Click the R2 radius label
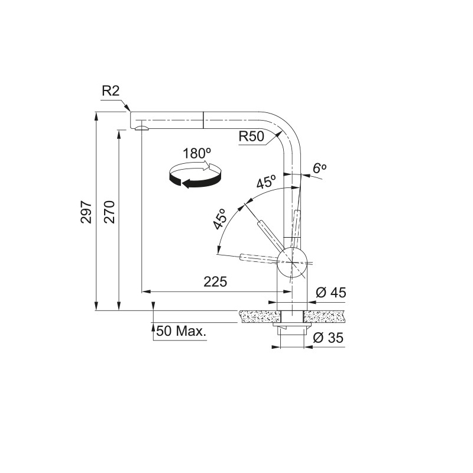(x=111, y=91)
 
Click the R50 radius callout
(x=251, y=137)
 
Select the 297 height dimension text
(x=86, y=212)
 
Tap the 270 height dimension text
(x=109, y=212)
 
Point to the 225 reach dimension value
(x=215, y=282)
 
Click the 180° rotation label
(x=196, y=153)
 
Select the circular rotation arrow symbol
(x=195, y=175)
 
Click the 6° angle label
(x=319, y=168)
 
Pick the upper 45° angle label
(x=266, y=182)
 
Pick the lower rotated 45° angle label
(x=221, y=219)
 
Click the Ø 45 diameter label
(x=331, y=293)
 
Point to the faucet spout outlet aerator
(x=141, y=127)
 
